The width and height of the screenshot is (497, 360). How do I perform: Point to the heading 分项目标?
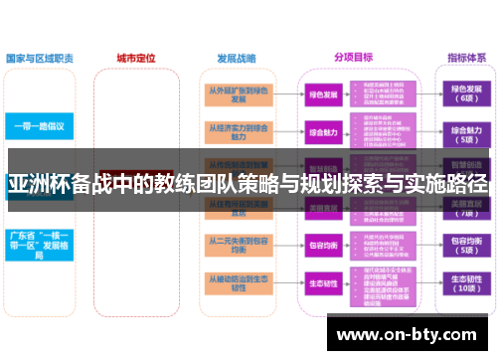355,58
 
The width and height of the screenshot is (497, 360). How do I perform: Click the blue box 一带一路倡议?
40,127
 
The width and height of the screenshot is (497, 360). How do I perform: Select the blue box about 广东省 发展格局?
40,244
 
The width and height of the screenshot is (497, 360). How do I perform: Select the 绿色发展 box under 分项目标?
323,95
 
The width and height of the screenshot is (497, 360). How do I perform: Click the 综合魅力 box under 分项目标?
323,131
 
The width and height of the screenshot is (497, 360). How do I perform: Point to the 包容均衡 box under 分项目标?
323,244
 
